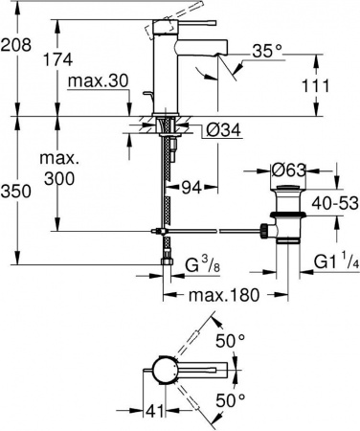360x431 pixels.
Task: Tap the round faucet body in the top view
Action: pyautogui.click(x=161, y=369)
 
